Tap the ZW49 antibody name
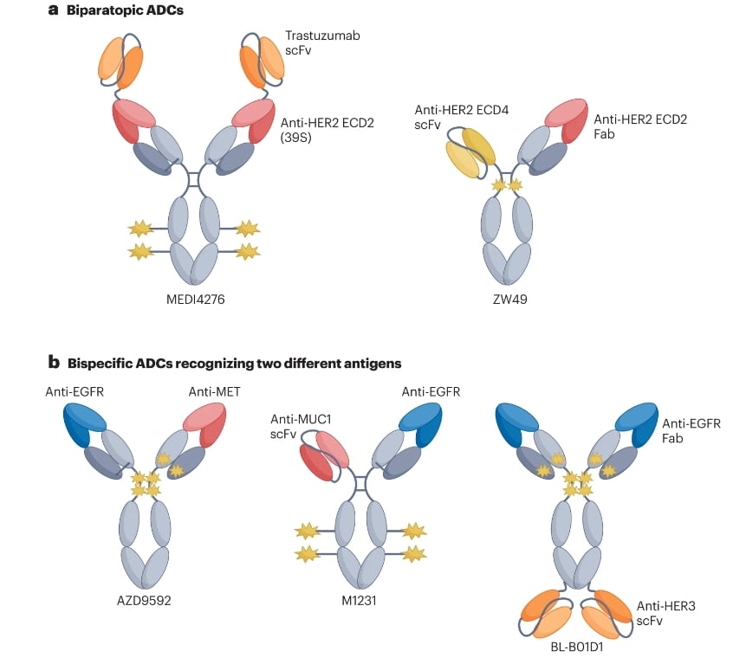point(506,299)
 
